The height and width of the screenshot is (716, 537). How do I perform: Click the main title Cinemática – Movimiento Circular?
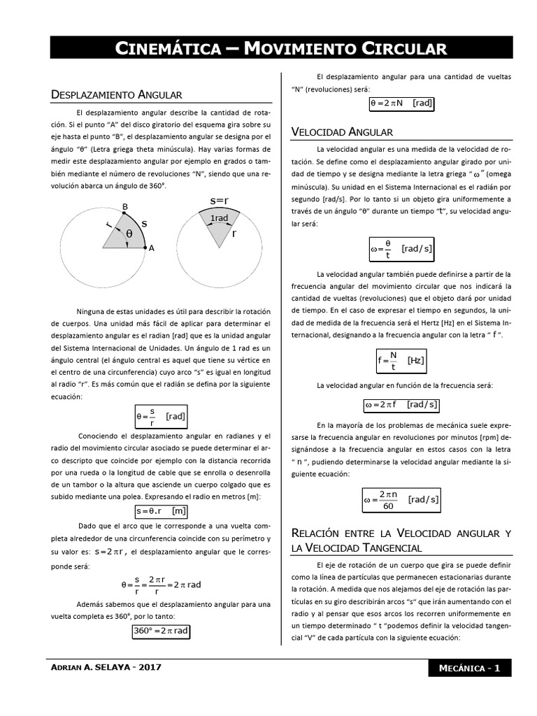280,48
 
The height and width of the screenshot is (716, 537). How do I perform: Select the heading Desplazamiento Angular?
117,94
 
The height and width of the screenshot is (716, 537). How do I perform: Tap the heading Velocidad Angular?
341,132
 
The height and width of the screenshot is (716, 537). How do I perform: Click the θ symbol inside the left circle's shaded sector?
129,235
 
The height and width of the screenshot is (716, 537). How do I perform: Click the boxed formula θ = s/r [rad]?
162,417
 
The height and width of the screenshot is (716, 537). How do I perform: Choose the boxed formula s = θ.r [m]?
162,510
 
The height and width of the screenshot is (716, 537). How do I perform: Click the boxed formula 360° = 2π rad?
162,631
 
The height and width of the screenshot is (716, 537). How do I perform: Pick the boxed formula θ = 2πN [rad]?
401,103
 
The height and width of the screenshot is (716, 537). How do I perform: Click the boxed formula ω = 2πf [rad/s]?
401,404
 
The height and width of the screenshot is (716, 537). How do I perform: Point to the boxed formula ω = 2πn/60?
401,499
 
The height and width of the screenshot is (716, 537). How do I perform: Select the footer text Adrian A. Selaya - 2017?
107,667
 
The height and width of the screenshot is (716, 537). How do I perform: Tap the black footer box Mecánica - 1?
469,668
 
